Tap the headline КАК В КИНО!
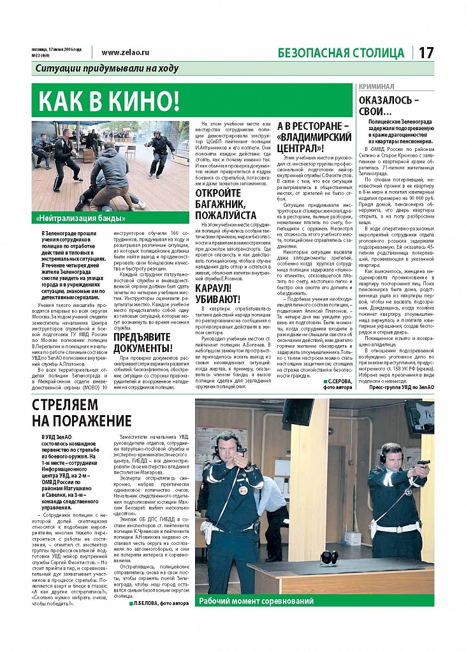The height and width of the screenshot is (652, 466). point(109,101)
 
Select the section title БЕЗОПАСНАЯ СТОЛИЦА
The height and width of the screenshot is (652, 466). point(341,53)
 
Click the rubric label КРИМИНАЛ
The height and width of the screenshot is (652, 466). point(377,86)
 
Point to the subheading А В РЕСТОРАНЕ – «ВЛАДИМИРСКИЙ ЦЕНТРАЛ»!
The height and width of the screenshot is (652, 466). point(315,137)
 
